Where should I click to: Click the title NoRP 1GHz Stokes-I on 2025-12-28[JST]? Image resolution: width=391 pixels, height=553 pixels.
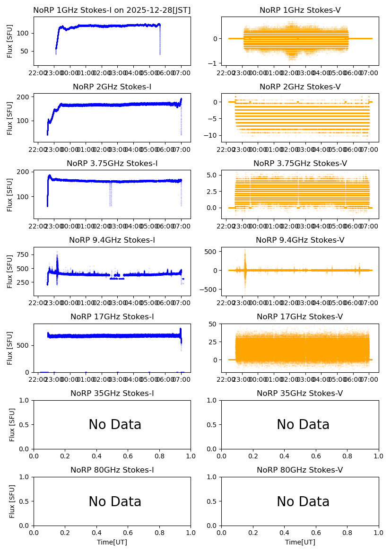point(112,10)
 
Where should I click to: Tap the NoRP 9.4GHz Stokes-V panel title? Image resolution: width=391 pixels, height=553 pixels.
point(300,240)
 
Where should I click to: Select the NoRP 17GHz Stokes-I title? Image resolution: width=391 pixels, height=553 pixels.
point(112,316)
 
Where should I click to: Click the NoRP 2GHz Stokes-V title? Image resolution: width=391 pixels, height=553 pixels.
point(300,87)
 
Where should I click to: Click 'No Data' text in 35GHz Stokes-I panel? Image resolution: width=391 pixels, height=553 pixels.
point(115,425)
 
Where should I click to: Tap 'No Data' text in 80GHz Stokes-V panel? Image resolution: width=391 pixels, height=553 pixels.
point(303,501)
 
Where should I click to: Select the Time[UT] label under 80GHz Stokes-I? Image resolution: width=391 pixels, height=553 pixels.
point(112,542)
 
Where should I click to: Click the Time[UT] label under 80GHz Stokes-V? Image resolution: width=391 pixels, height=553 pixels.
point(300,542)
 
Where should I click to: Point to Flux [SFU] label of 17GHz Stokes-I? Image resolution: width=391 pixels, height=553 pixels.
point(10,348)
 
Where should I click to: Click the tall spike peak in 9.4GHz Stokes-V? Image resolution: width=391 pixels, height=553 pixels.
point(245,250)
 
